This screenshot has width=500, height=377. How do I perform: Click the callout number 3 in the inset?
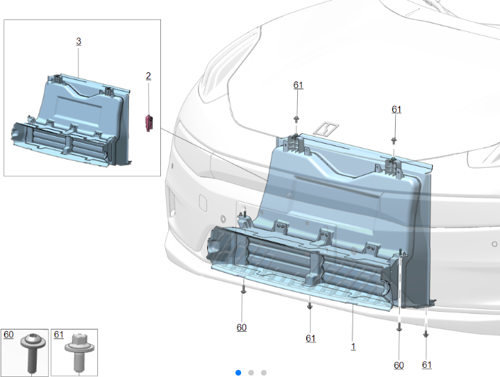pos(79,41)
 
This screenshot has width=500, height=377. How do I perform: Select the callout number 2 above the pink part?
pos(148,76)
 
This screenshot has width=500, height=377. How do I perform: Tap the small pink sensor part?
pos(149,123)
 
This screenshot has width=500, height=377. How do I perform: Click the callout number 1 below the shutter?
pos(353,347)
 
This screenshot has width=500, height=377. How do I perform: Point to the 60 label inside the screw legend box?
pos(9,334)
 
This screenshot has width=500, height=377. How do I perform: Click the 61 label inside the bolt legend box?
pos(59,334)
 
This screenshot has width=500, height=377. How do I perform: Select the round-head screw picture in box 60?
pos(33,352)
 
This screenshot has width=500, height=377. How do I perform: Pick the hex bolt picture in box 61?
pos(79,352)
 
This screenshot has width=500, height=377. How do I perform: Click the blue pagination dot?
pos(238,373)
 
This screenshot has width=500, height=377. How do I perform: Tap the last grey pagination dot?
pos(264,373)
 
